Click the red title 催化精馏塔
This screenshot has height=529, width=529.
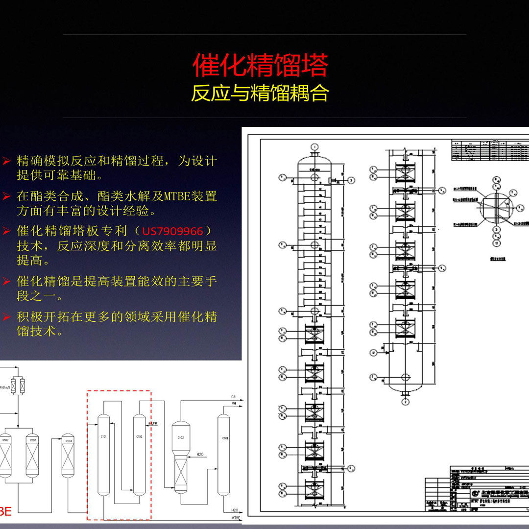click(x=260, y=66)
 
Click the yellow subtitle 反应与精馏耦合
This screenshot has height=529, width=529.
click(x=260, y=94)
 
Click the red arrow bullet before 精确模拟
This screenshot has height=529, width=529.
click(x=6, y=161)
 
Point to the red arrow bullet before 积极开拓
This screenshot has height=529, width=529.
click(x=6, y=317)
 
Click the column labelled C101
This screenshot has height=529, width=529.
click(x=103, y=453)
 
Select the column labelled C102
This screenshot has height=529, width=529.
click(x=140, y=453)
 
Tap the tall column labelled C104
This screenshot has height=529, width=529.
click(x=223, y=453)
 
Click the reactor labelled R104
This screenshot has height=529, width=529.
click(x=68, y=456)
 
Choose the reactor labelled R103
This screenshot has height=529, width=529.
click(x=33, y=456)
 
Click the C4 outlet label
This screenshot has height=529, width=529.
click(x=233, y=396)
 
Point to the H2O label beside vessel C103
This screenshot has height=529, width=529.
click(x=200, y=455)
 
